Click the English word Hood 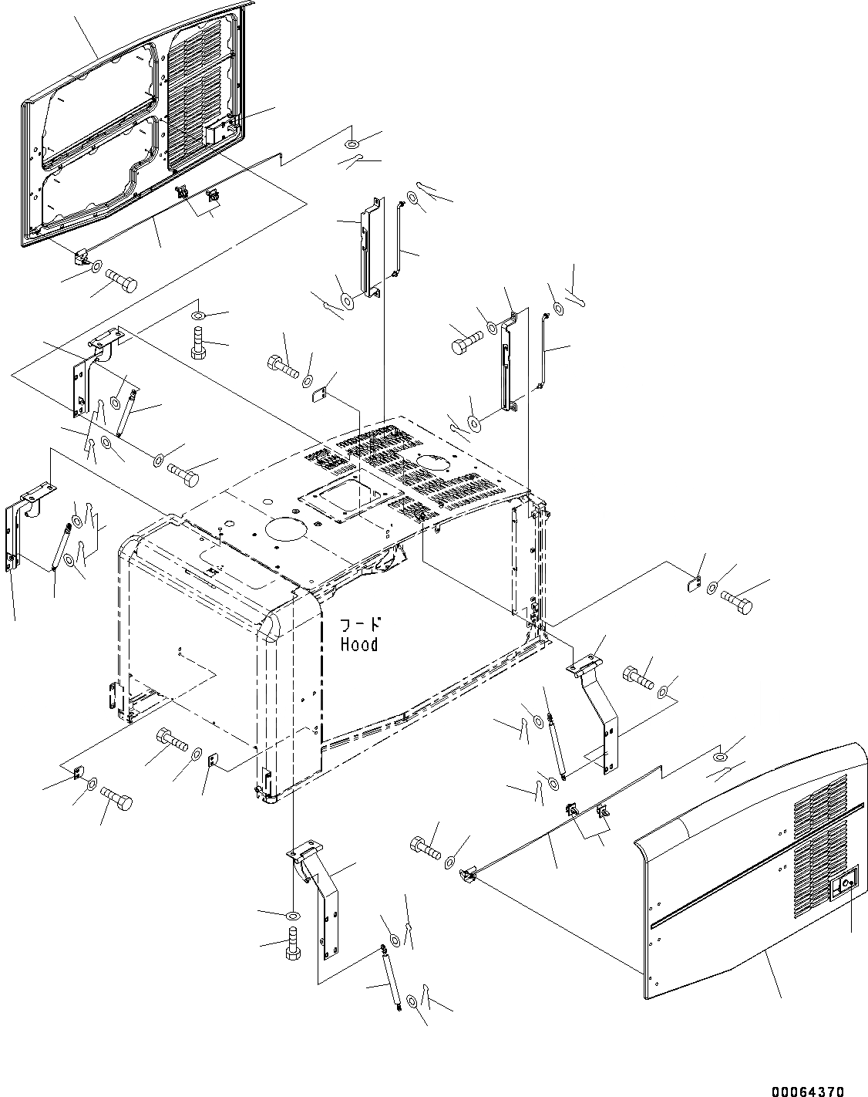(360, 644)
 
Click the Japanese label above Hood (362, 625)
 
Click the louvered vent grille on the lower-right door (819, 833)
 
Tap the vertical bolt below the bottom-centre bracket (293, 944)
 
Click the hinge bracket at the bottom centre (321, 895)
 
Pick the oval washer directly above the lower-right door (720, 758)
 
